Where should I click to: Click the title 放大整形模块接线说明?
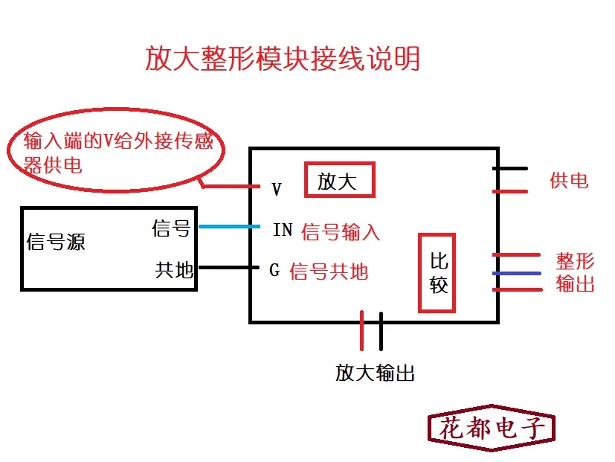click(283, 59)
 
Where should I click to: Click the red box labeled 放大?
click(340, 181)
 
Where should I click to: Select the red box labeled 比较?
click(439, 273)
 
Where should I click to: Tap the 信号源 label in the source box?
click(56, 242)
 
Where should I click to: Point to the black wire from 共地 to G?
click(227, 267)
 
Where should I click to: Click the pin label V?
click(277, 190)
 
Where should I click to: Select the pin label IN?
click(283, 230)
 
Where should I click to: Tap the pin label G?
click(274, 270)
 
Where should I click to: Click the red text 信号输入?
click(341, 232)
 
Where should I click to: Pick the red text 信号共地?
click(329, 272)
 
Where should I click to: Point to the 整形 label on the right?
click(576, 261)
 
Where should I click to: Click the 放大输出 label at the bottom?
click(375, 373)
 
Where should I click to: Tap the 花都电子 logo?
click(492, 428)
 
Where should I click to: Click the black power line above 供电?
click(510, 169)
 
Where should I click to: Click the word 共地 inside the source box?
click(174, 269)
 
